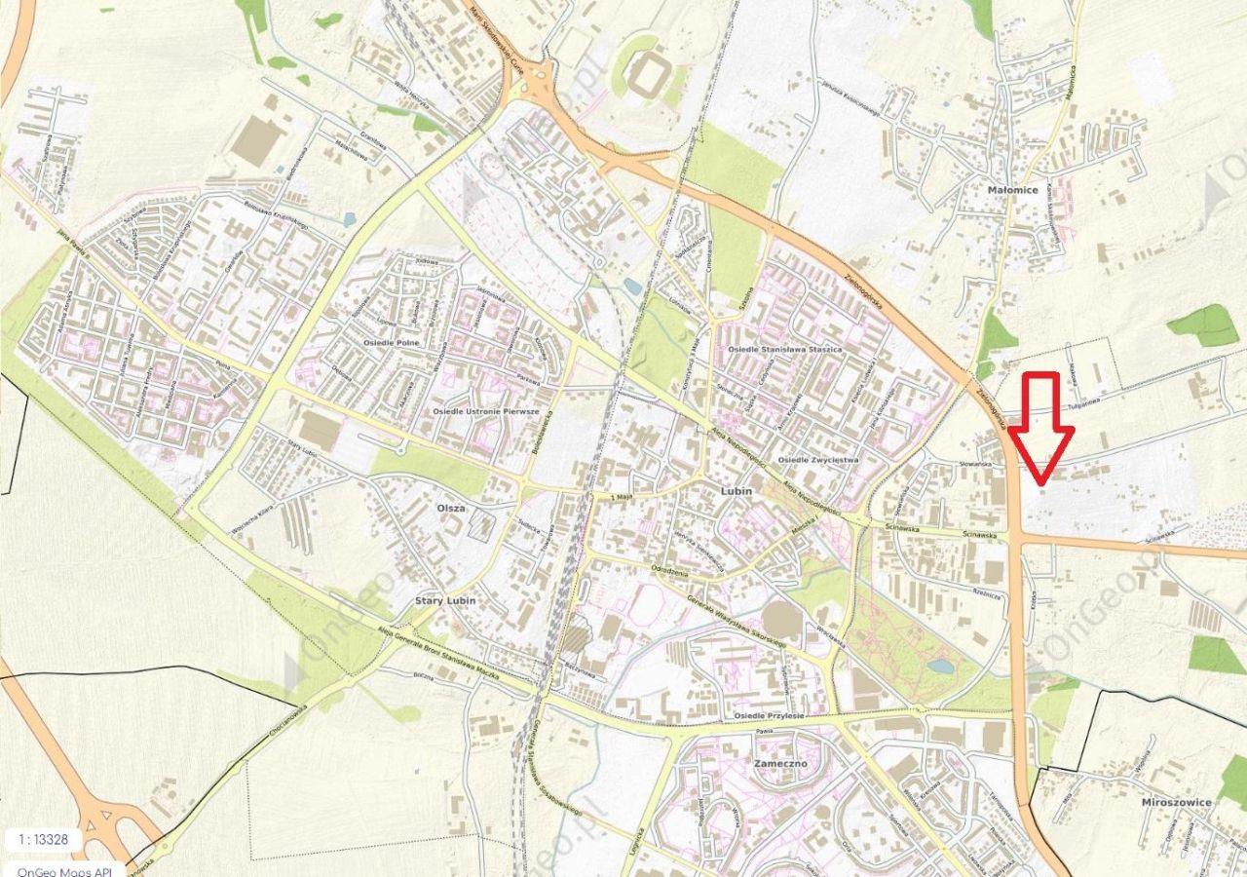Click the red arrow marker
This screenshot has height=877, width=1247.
(1040, 429)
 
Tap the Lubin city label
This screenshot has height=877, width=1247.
(737, 491)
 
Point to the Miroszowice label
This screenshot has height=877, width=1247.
(1176, 802)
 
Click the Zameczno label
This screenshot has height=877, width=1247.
(780, 764)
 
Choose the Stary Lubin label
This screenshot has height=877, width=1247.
(445, 600)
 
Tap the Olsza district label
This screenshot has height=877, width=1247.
(451, 508)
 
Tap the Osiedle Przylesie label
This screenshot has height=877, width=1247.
(769, 715)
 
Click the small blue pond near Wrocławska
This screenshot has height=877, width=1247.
(941, 667)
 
